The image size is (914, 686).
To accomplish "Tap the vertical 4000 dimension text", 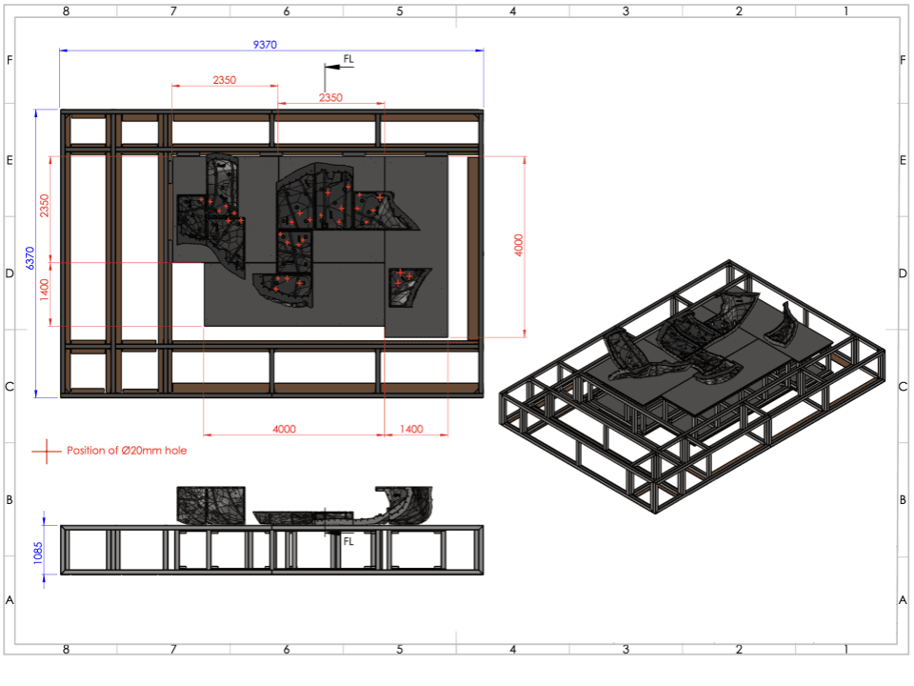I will click(518, 245).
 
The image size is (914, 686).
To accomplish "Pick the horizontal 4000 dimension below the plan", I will click(284, 429).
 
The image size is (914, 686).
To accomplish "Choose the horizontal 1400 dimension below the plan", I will click(411, 429).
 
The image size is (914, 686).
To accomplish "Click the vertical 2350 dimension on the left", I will click(44, 206).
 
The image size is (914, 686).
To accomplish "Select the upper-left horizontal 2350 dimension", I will click(224, 80).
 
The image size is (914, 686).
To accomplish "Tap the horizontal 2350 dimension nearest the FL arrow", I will click(330, 97).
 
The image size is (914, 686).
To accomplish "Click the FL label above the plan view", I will click(348, 59).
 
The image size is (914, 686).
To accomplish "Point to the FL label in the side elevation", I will click(348, 541).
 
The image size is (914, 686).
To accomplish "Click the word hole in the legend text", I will click(175, 451).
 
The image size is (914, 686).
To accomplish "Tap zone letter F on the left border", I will click(10, 60).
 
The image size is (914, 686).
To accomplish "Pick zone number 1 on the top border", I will click(845, 11).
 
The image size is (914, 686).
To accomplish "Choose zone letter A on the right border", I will click(903, 600).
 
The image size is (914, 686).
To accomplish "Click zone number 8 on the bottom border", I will click(66, 649).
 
